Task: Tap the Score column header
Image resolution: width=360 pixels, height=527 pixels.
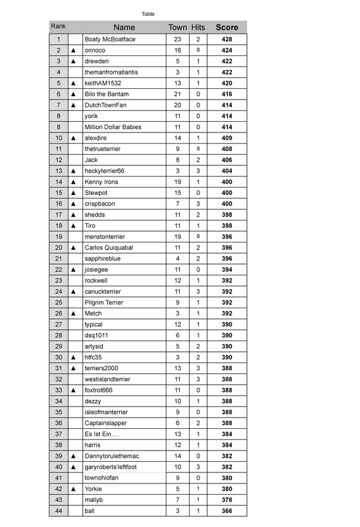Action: tap(227, 27)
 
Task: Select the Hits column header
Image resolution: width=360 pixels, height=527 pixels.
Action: tap(198, 27)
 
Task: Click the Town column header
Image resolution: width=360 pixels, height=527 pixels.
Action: tap(178, 27)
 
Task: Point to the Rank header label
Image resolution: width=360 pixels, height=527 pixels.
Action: tap(58, 26)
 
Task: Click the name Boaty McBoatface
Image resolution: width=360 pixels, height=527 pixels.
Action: tap(110, 40)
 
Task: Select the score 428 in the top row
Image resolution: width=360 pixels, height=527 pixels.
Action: tap(227, 40)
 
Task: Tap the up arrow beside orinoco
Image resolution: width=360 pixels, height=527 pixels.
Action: tap(74, 50)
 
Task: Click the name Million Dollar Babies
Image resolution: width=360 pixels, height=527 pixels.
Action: tap(113, 127)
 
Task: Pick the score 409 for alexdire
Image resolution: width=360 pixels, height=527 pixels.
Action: tap(227, 138)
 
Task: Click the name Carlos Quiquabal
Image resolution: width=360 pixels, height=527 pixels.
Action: tap(109, 248)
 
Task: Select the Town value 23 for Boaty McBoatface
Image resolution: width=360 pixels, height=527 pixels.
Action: tap(178, 40)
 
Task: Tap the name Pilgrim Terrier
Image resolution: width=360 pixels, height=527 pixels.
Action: tap(105, 302)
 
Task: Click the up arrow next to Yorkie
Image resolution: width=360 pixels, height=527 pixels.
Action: tap(74, 489)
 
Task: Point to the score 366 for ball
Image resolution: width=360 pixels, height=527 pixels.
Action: tap(227, 511)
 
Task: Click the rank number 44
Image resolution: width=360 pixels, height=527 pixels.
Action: tap(59, 511)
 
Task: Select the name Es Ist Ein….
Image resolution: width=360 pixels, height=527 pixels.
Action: tap(102, 434)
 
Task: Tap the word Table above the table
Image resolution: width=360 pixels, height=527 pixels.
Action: tap(148, 14)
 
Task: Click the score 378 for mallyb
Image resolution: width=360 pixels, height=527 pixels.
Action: tap(227, 500)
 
